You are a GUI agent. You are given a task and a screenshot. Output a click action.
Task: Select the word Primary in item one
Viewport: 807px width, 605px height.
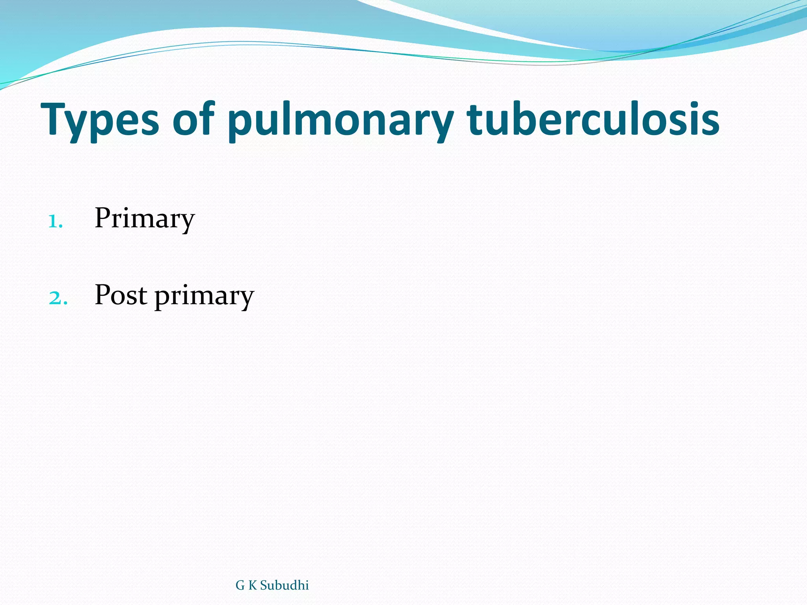click(145, 219)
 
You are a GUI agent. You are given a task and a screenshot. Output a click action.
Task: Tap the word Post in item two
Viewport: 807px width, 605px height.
click(121, 295)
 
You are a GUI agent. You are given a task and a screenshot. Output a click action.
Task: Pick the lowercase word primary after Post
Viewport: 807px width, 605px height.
click(204, 296)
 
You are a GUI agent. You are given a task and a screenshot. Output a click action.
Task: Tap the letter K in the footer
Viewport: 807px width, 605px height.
click(252, 586)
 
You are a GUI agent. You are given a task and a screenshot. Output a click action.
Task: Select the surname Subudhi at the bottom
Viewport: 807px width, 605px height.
click(284, 586)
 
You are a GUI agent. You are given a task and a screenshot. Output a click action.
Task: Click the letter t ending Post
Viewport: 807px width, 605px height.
click(143, 296)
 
